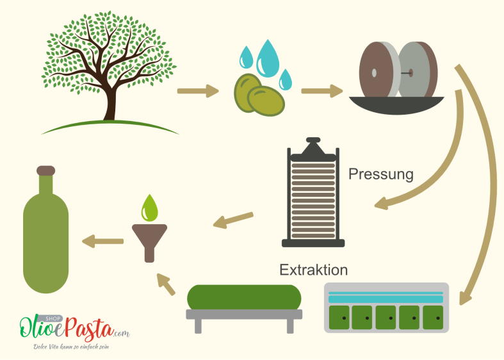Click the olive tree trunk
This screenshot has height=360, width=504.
(x=110, y=103)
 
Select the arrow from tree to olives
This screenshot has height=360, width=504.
(x=198, y=91)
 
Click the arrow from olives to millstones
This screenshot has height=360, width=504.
(x=322, y=91)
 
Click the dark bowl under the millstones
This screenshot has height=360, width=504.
(x=396, y=105)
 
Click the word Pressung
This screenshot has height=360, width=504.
(x=381, y=174)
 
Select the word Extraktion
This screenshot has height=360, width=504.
(x=313, y=270)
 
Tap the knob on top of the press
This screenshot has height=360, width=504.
(x=313, y=140)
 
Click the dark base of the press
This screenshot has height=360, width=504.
(x=313, y=243)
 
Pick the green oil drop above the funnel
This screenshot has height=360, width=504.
(x=149, y=208)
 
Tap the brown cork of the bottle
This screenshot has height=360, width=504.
(x=46, y=170)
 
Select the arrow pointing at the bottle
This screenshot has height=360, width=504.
(x=103, y=241)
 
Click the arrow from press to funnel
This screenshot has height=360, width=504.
(x=233, y=220)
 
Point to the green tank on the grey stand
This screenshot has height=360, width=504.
(x=244, y=297)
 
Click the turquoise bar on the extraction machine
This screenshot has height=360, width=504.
(x=386, y=299)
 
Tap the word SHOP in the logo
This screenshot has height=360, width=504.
(x=53, y=318)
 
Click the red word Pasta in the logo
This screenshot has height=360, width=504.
(x=90, y=329)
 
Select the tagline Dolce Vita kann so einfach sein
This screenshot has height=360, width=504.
(x=71, y=347)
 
